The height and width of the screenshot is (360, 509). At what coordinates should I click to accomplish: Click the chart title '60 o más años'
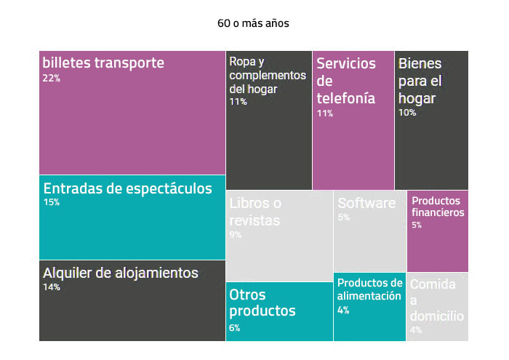tap(253, 23)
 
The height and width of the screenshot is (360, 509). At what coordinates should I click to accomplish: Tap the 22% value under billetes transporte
tap(51, 79)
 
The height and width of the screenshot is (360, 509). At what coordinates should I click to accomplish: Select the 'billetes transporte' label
tap(103, 63)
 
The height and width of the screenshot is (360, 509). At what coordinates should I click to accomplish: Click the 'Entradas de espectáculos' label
tap(127, 189)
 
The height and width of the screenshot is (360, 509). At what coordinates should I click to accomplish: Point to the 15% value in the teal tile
tap(51, 203)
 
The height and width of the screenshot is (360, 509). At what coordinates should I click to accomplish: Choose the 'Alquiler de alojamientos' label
tap(121, 273)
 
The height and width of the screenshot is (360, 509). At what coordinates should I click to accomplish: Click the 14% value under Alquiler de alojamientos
tap(51, 287)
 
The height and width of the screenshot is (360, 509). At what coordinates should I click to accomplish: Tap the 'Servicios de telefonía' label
tap(346, 80)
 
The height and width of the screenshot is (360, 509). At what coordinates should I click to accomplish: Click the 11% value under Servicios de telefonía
tap(324, 113)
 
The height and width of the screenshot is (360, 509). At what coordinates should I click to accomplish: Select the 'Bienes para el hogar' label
tap(420, 80)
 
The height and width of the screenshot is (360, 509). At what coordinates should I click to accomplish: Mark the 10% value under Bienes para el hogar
tap(407, 113)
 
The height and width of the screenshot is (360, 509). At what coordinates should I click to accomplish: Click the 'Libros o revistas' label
tap(255, 212)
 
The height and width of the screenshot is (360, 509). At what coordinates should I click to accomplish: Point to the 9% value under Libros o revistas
tap(236, 234)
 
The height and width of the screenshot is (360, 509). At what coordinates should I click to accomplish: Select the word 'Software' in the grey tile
tap(366, 203)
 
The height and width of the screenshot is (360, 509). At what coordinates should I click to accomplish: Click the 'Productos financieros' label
tap(438, 207)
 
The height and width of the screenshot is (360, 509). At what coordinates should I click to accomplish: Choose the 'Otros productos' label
tap(262, 303)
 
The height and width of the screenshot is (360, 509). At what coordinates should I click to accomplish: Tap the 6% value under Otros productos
tap(235, 328)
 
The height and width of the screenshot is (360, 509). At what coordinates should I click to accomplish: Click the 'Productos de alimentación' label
tap(369, 289)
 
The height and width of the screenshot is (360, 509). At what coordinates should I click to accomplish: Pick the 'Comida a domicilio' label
tap(436, 300)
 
